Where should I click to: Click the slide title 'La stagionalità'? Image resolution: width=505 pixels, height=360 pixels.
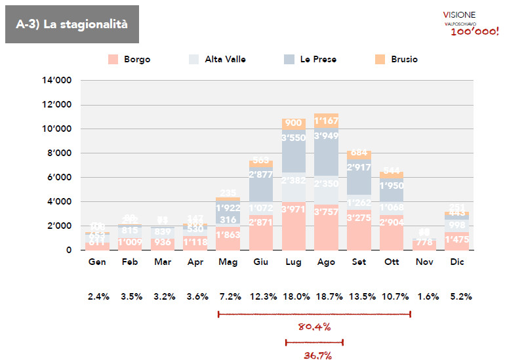point(72,25)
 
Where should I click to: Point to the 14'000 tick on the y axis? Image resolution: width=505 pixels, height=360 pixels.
point(58,81)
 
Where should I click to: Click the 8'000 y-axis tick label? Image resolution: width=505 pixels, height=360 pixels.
point(60,153)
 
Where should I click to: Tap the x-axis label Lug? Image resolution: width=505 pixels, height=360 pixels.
point(294,262)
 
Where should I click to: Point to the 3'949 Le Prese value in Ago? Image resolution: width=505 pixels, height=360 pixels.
point(327,136)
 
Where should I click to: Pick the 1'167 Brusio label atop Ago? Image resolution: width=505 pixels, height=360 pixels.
point(327,121)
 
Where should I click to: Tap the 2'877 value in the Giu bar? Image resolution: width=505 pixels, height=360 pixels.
point(261,174)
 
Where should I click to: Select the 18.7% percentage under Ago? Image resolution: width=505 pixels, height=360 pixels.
point(327,296)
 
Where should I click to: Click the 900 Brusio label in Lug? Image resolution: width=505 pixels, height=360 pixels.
point(294,123)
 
